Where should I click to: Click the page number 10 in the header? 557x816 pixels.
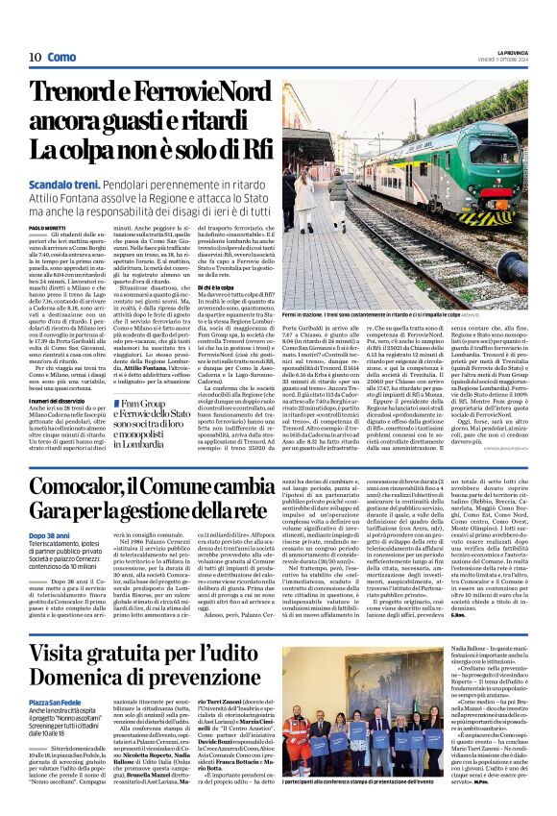[34, 58]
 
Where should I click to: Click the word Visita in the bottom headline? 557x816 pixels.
[67, 658]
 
